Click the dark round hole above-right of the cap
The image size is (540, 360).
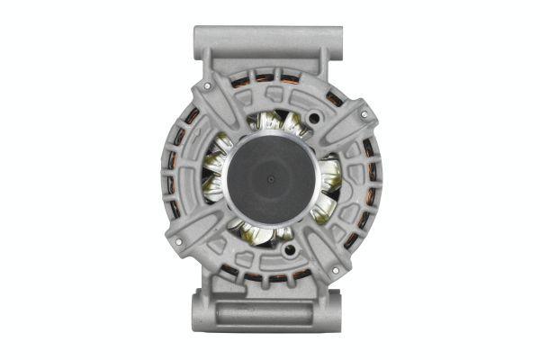click(x=314, y=118)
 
